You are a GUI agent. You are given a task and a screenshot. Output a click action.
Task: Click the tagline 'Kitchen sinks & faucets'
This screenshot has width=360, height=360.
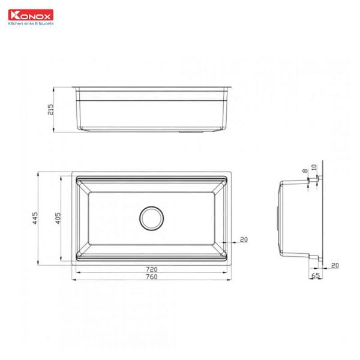(31, 24)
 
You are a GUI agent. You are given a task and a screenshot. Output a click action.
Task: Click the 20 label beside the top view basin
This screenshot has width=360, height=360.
(244, 239)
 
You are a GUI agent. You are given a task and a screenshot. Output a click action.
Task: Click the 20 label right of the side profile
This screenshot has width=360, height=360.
(334, 265)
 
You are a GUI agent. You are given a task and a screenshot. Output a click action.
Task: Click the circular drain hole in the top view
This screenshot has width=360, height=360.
(151, 218)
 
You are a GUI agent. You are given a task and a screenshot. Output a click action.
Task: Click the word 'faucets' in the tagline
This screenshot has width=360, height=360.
(46, 24)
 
